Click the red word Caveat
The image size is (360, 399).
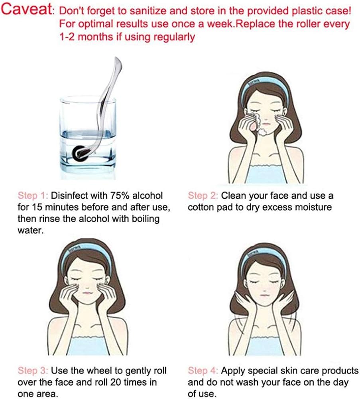[x=27, y=10]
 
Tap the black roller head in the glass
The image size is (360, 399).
[x=78, y=153]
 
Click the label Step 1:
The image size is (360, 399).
[x=33, y=196]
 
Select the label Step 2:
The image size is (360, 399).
[x=203, y=196]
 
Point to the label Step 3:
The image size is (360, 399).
[x=33, y=371]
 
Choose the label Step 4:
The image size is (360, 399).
[x=203, y=371]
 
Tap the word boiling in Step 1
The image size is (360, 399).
[x=146, y=219]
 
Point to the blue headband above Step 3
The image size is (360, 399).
[x=86, y=256]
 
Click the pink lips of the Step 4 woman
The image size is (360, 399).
[x=264, y=295]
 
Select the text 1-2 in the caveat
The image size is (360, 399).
[x=67, y=37]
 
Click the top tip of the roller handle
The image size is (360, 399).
[x=117, y=57]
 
